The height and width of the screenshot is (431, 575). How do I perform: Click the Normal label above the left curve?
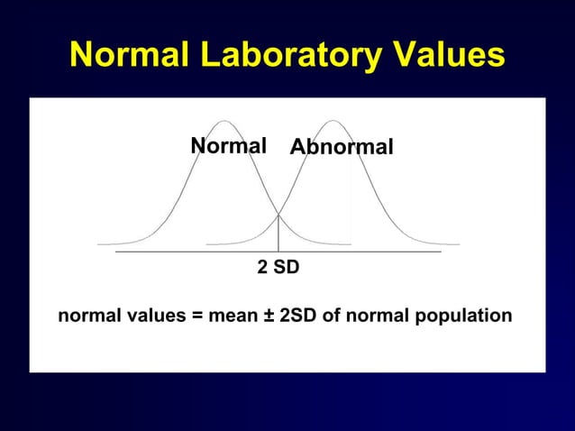[228, 146]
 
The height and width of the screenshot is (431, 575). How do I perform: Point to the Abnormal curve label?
[342, 147]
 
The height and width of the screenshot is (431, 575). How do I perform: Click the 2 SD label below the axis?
[278, 269]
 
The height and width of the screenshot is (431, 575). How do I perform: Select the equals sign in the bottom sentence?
[196, 316]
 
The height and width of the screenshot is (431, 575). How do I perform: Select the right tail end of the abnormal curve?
[458, 243]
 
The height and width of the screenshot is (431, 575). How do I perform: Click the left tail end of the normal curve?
[99, 243]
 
